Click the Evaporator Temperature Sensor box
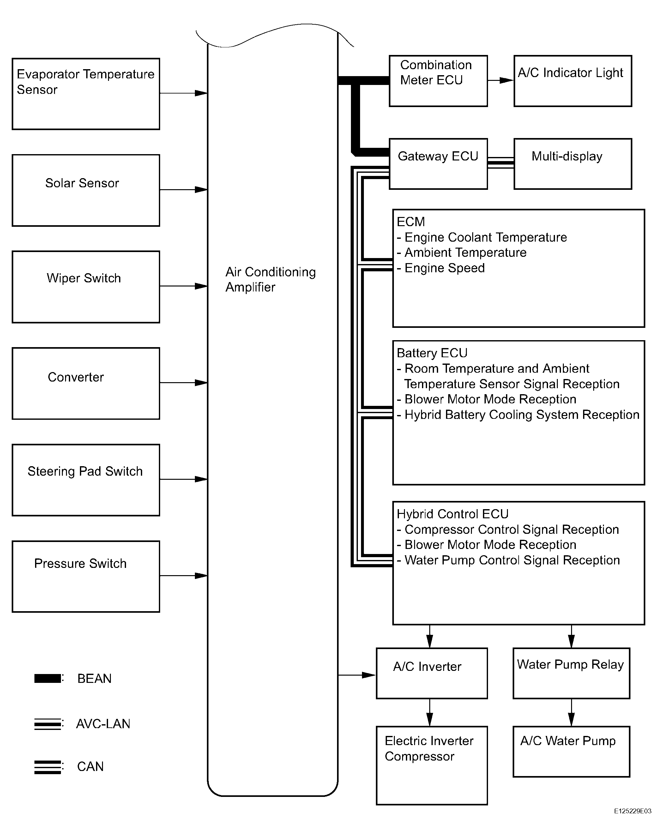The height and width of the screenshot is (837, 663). (86, 94)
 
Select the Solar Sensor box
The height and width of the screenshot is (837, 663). (86, 190)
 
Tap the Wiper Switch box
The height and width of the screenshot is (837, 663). (86, 287)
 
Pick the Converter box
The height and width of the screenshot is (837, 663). (86, 383)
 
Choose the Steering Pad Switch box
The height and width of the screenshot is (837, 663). (86, 480)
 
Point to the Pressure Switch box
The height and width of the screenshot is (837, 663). (86, 576)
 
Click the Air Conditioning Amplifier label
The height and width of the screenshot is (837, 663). (271, 280)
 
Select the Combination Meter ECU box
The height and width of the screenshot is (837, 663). (438, 81)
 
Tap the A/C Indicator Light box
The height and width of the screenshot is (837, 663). (573, 81)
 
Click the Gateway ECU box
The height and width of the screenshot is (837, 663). (438, 164)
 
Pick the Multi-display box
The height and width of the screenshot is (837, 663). (573, 164)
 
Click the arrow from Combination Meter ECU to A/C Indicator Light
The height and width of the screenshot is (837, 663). (501, 80)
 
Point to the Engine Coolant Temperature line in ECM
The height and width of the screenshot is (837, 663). (482, 237)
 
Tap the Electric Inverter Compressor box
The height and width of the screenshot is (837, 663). (432, 766)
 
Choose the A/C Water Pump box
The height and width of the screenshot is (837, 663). (571, 752)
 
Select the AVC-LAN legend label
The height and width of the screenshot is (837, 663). (103, 724)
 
